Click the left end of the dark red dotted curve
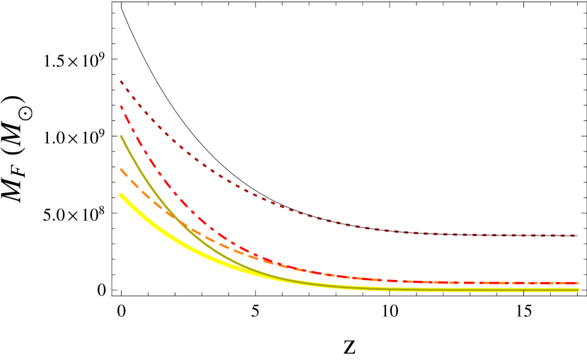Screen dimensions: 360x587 click(x=121, y=81)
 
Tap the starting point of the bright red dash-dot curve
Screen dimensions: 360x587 click(x=121, y=106)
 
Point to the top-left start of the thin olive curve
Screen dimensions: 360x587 click(x=121, y=136)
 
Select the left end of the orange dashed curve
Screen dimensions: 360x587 click(x=121, y=169)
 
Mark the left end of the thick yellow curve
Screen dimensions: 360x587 click(x=120, y=194)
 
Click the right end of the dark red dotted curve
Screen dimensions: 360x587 click(x=576, y=236)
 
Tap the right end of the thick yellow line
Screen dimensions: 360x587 click(x=578, y=289)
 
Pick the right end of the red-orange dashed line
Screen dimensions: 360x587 click(x=577, y=283)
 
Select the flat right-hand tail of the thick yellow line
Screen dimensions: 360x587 click(x=495, y=289)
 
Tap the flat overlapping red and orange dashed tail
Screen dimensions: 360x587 click(x=460, y=282)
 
